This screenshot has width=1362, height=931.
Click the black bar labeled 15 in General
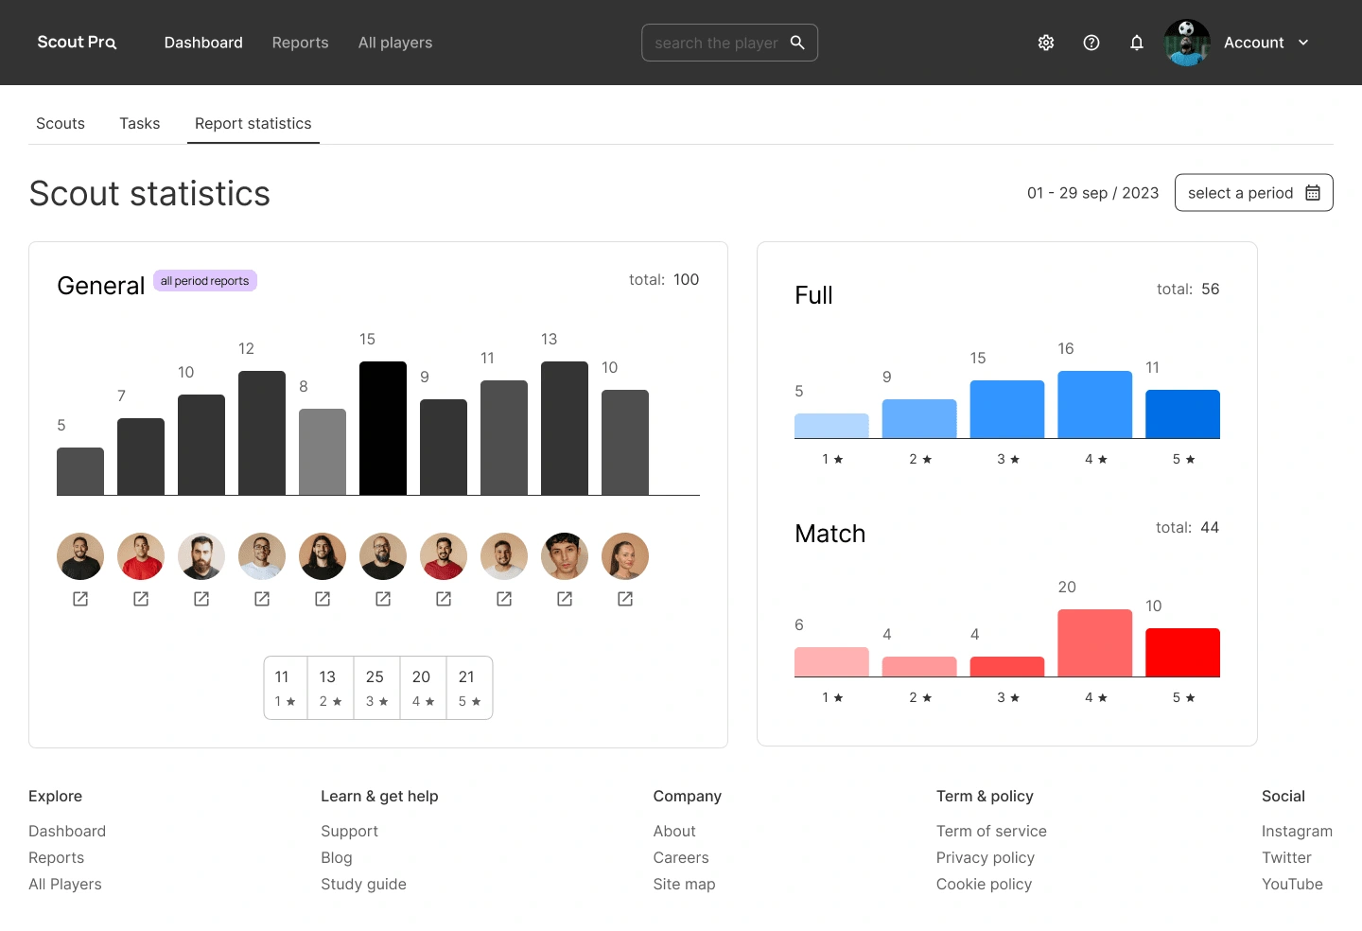point(383,428)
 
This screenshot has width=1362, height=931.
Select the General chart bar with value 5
point(80,471)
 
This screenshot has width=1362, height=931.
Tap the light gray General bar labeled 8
point(323,451)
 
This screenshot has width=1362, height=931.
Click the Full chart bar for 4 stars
point(1094,404)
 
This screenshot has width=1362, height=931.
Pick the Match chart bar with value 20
point(1094,642)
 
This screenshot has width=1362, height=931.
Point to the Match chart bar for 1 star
point(831,661)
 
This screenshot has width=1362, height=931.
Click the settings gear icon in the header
point(1046,43)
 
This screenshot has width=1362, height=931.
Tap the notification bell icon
point(1137,43)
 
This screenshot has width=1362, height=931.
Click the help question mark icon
point(1091,43)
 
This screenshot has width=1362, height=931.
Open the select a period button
point(1253,193)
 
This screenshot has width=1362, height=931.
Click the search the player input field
point(716,43)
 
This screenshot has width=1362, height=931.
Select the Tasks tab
point(139,124)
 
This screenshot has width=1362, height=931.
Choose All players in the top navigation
point(395,43)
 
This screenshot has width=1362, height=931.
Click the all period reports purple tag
point(204,281)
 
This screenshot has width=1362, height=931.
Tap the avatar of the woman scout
point(625,556)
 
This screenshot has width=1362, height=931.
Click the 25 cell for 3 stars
point(376,688)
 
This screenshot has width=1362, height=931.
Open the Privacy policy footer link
point(985,858)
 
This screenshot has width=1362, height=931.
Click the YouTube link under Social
point(1292,885)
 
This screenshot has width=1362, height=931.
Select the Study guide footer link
point(363,885)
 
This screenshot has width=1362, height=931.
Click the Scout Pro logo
point(77,43)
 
